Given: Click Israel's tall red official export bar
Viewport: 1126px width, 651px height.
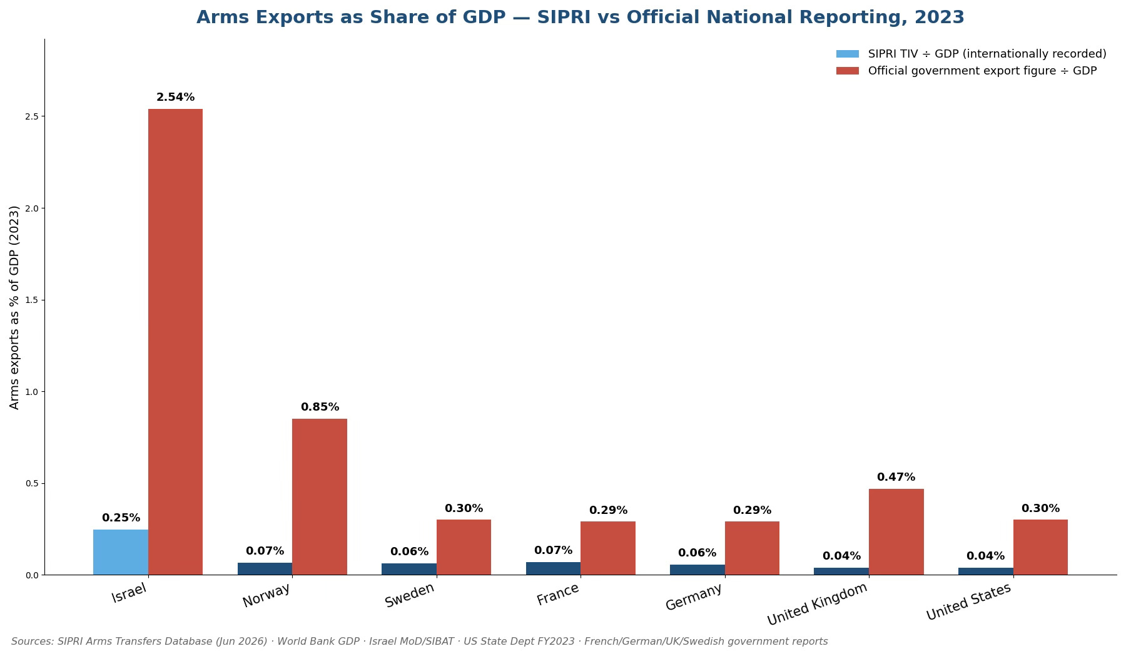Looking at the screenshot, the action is click(175, 342).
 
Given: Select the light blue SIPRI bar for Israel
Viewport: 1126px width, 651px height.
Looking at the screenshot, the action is click(121, 552).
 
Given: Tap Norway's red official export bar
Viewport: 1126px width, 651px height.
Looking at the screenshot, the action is click(320, 497).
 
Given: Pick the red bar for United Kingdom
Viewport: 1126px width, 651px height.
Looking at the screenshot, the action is click(896, 532).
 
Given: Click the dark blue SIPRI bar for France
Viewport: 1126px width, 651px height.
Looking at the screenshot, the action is click(553, 568).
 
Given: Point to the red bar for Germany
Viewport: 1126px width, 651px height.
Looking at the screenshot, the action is click(752, 548).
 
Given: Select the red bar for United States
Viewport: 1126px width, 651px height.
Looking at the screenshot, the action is click(1040, 547).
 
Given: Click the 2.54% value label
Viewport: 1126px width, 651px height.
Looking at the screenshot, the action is click(175, 97).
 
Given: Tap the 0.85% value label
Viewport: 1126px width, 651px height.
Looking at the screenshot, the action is click(320, 407).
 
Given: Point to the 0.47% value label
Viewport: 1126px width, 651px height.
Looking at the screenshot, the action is click(896, 477).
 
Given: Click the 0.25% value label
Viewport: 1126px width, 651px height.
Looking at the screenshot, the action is click(121, 518).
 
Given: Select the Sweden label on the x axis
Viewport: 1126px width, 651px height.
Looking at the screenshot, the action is click(410, 595).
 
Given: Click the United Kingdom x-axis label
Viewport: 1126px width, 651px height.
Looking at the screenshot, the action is click(818, 604).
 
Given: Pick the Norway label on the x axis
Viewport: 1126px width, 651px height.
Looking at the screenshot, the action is click(266, 595).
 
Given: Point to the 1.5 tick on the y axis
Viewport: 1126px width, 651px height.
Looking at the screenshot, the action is click(32, 300).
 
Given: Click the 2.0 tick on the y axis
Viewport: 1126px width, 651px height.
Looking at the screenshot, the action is click(32, 208).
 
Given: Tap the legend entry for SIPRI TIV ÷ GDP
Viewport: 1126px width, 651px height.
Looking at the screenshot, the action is click(971, 54).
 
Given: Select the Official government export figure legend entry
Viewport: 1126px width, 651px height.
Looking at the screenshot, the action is click(966, 71).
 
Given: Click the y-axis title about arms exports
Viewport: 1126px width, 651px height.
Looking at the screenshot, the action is click(14, 307).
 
